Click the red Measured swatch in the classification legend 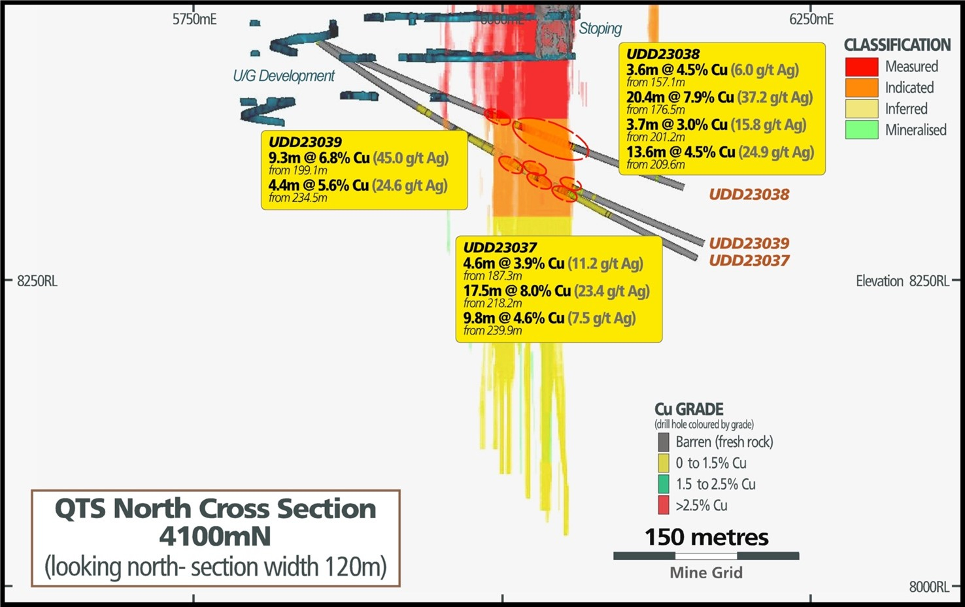point(861,67)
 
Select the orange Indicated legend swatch point(861,88)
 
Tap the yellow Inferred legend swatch point(861,108)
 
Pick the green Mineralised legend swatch point(861,129)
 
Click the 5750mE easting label point(194,20)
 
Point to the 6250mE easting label point(811,20)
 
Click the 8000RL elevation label point(928,587)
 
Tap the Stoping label point(600,29)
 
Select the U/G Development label point(284,76)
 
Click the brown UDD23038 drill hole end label point(749,194)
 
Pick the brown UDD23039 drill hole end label point(749,243)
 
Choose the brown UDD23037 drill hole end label point(749,260)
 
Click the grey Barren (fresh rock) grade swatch point(664,442)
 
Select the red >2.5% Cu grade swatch point(664,505)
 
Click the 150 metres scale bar point(706,556)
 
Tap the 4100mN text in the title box point(215,536)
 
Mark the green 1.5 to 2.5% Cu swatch point(664,484)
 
